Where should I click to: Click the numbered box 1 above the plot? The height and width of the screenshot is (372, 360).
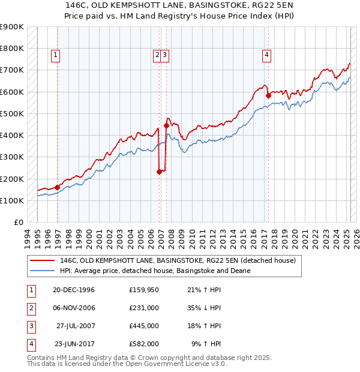55,55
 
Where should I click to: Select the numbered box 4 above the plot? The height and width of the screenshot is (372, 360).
266,55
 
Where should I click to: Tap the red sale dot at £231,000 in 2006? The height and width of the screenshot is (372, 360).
159,172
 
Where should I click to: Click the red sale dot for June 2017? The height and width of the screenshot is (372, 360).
269,95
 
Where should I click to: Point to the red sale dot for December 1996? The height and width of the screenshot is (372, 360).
57,187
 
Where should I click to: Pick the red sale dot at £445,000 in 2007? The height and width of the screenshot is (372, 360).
166,125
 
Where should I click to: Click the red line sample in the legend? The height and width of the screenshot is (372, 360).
42,261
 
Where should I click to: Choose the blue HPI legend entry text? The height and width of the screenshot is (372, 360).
155,271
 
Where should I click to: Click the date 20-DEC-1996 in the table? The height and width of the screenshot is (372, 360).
74,290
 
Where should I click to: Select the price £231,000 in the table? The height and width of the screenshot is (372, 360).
143,308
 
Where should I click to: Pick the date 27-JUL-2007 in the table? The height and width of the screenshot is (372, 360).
75,326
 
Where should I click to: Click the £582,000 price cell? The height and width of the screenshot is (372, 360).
143,344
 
